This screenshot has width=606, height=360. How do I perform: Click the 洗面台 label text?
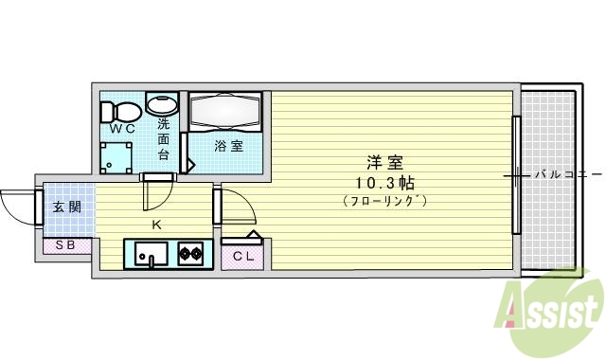tap(163, 138)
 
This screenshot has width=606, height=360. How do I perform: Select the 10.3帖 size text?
tap(383, 181)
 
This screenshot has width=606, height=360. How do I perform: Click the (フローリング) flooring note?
tap(383, 200)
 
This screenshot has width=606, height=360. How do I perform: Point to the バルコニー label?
tap(566, 174)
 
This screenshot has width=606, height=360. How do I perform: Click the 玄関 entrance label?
tap(65, 207)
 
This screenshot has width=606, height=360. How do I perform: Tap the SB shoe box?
tap(66, 245)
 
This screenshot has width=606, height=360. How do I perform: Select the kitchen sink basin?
tap(150, 254)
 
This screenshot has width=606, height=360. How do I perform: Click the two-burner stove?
tap(190, 253)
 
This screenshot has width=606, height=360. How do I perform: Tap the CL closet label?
tap(243, 256)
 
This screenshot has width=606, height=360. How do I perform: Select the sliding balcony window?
tap(516, 174)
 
